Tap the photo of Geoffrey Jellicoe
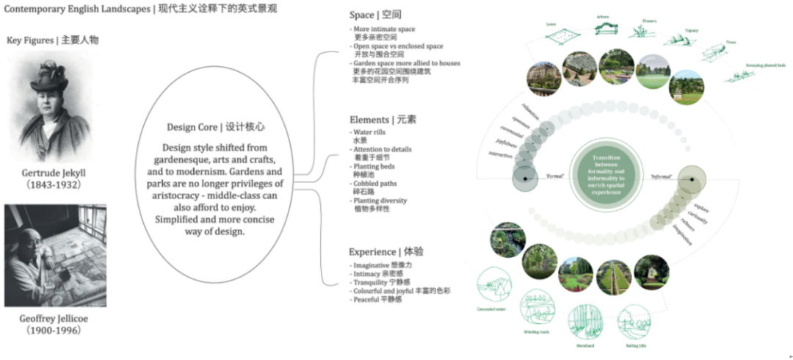point(55,256)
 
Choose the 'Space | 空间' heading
point(375,15)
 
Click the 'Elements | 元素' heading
point(382,119)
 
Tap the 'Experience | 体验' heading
point(386,251)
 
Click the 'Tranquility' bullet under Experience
point(372,282)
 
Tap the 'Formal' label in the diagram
point(554,177)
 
